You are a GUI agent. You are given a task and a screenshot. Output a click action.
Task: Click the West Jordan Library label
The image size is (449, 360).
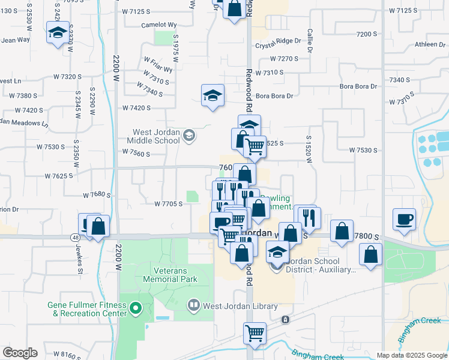tap(240, 307)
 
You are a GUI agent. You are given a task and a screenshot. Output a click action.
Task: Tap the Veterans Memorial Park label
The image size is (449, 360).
tap(170, 275)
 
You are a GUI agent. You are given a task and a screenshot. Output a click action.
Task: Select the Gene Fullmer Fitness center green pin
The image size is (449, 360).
tap(136, 309)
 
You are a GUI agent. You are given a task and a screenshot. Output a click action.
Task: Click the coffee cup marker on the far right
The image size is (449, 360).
tap(405, 218)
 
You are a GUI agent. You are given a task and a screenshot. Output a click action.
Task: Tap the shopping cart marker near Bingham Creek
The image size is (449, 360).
tap(255, 332)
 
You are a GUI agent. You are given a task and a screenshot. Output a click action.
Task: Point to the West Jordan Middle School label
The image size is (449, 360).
tap(157, 136)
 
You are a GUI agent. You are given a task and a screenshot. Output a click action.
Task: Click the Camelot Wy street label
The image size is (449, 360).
tap(158, 25)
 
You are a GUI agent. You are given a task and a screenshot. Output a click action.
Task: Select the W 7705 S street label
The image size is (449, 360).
tap(168, 204)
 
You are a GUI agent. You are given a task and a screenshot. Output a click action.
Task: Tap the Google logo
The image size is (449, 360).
tap(20, 353)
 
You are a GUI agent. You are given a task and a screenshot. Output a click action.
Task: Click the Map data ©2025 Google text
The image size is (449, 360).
tap(411, 355)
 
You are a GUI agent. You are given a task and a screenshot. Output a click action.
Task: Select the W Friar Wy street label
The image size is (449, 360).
tap(158, 64)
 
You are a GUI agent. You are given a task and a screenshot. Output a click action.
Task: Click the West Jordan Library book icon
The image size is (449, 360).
tap(193, 304)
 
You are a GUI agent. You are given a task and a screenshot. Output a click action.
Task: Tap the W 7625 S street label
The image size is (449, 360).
tap(58, 176)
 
